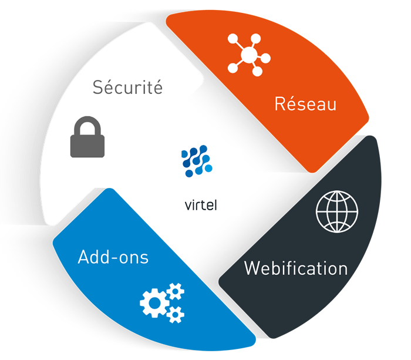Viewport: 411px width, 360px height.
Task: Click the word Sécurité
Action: pyautogui.click(x=127, y=88)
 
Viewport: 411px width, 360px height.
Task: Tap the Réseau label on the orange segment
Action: pyautogui.click(x=305, y=105)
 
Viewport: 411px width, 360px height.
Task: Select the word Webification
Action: pyautogui.click(x=296, y=268)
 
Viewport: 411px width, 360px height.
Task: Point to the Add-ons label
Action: pyautogui.click(x=113, y=257)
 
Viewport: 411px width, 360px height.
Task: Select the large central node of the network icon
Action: pyautogui.click(x=248, y=56)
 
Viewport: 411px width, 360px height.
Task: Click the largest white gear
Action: pyautogui.click(x=153, y=302)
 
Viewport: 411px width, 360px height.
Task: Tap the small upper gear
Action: pyautogui.click(x=176, y=291)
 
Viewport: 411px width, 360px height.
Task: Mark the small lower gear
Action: pyautogui.click(x=175, y=315)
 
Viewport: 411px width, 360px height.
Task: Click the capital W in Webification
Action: pyautogui.click(x=252, y=268)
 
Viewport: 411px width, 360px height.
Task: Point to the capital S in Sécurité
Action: pyautogui.click(x=98, y=89)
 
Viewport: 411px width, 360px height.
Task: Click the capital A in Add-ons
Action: pyautogui.click(x=83, y=257)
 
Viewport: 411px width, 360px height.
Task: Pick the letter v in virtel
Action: pyautogui.click(x=187, y=207)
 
